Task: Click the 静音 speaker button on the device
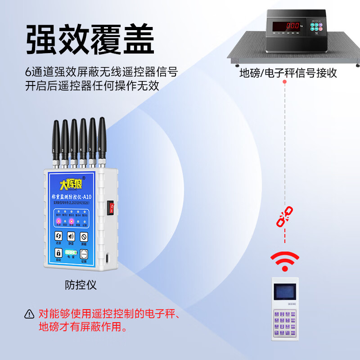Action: pyautogui.click(x=71, y=236)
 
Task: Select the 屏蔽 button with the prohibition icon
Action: pyautogui.click(x=84, y=236)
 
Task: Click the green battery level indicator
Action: pyautogui.click(x=71, y=252)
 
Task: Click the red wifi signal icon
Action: pyautogui.click(x=284, y=261)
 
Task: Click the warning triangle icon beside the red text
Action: pyautogui.click(x=30, y=314)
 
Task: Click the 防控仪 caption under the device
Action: pyautogui.click(x=81, y=285)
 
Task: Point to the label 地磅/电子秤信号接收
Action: pyautogui.click(x=288, y=73)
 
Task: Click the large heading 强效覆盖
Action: pyautogui.click(x=90, y=40)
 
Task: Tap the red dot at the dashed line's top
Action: pyautogui.click(x=284, y=82)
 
